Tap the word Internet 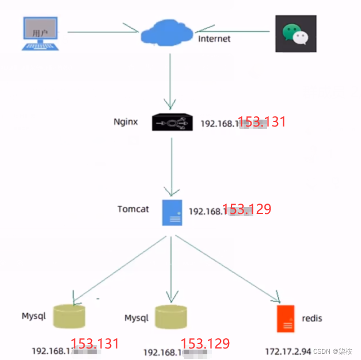[x=214, y=39]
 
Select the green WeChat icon [x=295, y=33]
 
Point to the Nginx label [x=126, y=121]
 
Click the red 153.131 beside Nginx [x=262, y=121]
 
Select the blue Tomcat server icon [x=172, y=212]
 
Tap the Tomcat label [x=133, y=209]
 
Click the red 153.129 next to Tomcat [x=246, y=209]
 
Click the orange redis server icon [x=285, y=319]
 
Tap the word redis [x=311, y=318]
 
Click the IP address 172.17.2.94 [x=288, y=350]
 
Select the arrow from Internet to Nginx [x=170, y=81]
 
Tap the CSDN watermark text [x=333, y=351]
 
